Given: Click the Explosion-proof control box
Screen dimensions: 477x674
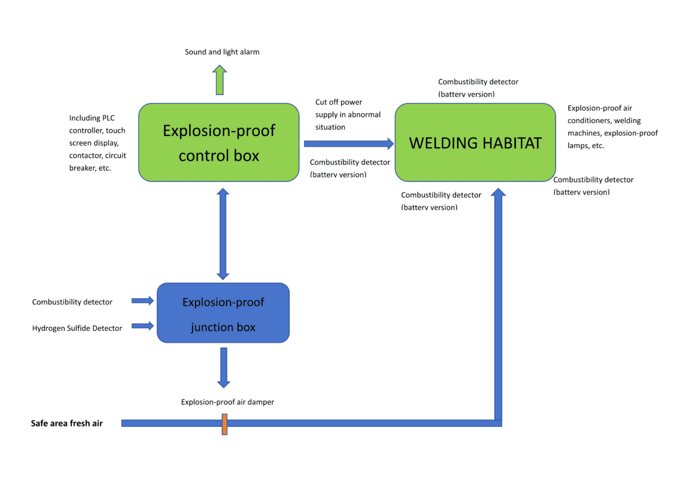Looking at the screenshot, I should [x=218, y=142].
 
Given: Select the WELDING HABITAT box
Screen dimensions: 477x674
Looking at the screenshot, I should [x=475, y=143].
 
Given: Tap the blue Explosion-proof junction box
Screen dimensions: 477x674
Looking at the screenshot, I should [x=223, y=313].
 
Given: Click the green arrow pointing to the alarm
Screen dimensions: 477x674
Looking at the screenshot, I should [x=220, y=80].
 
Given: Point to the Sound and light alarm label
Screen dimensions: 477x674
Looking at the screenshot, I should [x=222, y=52].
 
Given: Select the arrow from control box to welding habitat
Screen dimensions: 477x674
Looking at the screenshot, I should [x=349, y=144].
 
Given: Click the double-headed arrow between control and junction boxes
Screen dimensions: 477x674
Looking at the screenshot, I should [x=223, y=233].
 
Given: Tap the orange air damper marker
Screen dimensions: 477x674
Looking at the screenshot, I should [x=224, y=424].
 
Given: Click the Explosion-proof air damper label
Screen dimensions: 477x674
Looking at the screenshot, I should [x=227, y=402].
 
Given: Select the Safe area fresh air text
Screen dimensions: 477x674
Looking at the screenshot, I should [x=67, y=423].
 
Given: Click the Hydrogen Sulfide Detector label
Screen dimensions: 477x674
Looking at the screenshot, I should [x=77, y=328].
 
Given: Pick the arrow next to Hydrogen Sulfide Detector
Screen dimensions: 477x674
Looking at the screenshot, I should [x=143, y=325].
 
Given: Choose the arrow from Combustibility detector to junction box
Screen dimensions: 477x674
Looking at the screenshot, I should [x=143, y=301].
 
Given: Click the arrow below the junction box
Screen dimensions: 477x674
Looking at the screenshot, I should [x=224, y=367].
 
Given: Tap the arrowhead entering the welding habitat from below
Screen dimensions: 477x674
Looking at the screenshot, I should [x=498, y=193].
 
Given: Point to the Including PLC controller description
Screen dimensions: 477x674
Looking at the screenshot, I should [x=97, y=143].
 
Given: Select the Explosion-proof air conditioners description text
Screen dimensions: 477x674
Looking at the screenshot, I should [x=612, y=126].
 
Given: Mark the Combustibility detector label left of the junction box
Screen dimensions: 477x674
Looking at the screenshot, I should [x=72, y=302].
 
